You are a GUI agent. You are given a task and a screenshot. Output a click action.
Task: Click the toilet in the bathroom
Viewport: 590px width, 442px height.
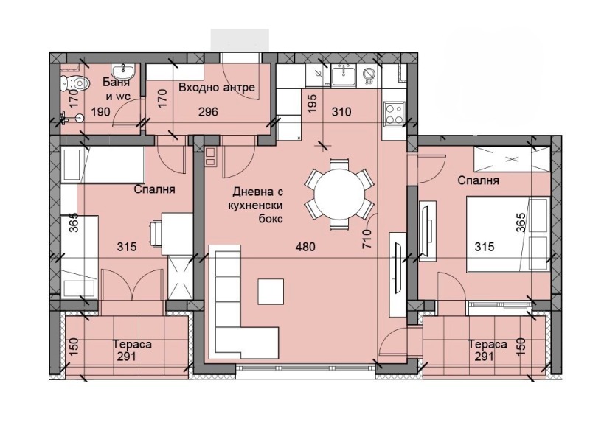(x=74, y=83)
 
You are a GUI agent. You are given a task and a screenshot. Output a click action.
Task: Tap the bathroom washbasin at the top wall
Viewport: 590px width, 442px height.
(x=123, y=70)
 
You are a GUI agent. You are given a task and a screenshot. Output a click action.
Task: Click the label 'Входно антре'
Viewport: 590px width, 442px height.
(x=217, y=88)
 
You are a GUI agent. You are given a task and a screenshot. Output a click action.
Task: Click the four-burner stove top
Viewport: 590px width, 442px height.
(x=394, y=113)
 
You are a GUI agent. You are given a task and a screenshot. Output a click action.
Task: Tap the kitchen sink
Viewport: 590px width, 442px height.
(x=343, y=76)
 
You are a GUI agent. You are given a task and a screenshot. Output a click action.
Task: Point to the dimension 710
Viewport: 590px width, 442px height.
(x=367, y=239)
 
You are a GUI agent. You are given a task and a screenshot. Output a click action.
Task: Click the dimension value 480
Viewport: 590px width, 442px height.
(x=305, y=247)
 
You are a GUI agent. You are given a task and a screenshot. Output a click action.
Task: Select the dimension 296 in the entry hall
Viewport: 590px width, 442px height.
(x=208, y=112)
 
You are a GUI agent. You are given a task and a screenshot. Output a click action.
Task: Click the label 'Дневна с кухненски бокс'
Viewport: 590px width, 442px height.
(x=257, y=206)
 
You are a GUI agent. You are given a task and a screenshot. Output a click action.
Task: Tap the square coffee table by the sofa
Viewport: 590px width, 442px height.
(x=271, y=291)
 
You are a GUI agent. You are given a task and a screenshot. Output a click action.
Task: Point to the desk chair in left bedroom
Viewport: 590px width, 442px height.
(x=156, y=234)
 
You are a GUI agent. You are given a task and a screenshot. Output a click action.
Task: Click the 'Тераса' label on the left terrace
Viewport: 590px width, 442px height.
(x=133, y=344)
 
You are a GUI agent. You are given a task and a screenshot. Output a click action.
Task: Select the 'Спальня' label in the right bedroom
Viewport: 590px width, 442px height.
(x=478, y=180)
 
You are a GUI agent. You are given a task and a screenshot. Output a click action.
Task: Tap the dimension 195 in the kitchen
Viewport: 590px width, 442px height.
(x=312, y=102)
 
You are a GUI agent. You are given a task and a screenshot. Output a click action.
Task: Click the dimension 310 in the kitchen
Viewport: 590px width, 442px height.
(x=341, y=112)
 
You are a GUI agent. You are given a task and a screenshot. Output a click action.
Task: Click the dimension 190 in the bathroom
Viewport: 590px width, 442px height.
(x=101, y=112)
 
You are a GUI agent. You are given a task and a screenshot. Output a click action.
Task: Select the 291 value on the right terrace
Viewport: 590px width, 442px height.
(x=484, y=356)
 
